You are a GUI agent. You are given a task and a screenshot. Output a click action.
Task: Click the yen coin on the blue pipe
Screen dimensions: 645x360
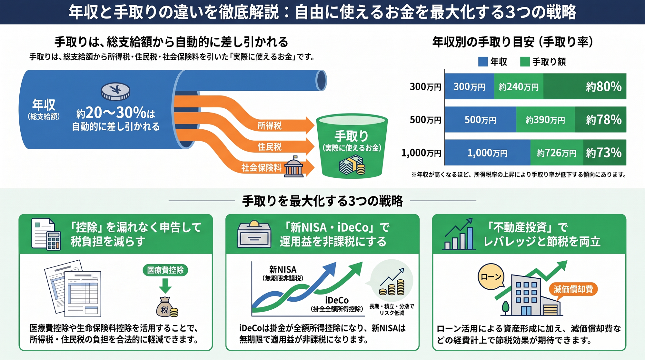pyautogui.click(x=115, y=91)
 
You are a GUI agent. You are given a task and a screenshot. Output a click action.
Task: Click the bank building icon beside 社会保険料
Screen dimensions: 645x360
pyautogui.click(x=294, y=167)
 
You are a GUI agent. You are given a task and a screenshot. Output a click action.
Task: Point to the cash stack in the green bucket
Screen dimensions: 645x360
pyautogui.click(x=352, y=165)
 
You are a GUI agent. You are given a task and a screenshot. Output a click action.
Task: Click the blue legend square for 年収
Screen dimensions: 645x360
pyautogui.click(x=483, y=62)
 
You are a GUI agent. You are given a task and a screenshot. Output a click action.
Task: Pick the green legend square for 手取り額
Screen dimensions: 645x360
pyautogui.click(x=525, y=62)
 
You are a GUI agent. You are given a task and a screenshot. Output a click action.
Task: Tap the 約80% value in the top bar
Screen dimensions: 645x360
pyautogui.click(x=603, y=86)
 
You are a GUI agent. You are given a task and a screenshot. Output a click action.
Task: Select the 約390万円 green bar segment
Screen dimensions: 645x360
pyautogui.click(x=545, y=120)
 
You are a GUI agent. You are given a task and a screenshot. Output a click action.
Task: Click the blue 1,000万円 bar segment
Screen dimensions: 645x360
pyautogui.click(x=488, y=153)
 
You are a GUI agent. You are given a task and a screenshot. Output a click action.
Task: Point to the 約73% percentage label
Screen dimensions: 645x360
pyautogui.click(x=604, y=153)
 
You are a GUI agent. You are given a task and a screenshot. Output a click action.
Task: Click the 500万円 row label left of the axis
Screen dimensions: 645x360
pyautogui.click(x=425, y=120)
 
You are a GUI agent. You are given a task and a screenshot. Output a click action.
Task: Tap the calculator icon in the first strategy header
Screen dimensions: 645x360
pyautogui.click(x=54, y=241)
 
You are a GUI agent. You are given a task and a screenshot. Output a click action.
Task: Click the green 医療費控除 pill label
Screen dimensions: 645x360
pyautogui.click(x=165, y=270)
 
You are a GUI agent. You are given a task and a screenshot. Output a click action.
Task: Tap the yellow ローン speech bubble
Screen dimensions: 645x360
pyautogui.click(x=491, y=276)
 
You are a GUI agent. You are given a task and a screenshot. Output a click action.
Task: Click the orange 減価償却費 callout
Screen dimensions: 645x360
pyautogui.click(x=573, y=289)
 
